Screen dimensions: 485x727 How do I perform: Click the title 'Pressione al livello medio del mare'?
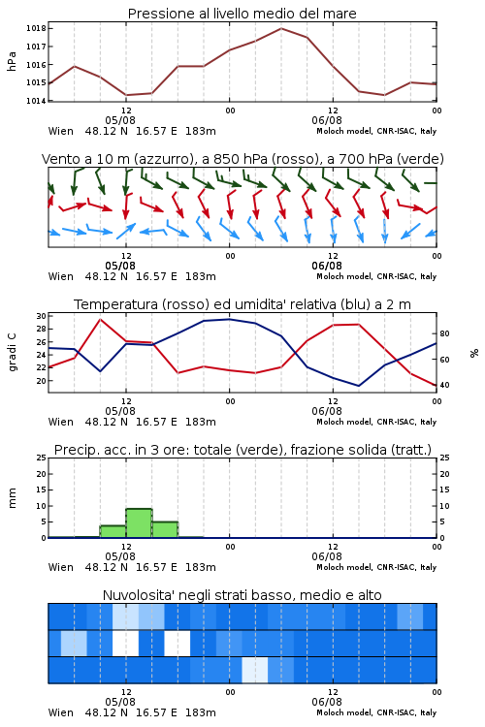[242, 14]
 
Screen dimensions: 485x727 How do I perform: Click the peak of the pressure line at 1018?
[281, 28]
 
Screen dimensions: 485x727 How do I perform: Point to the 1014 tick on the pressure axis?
[36, 101]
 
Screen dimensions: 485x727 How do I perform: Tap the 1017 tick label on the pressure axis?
[36, 47]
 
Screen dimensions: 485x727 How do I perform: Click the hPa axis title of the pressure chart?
[12, 61]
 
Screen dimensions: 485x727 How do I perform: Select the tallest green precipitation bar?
[140, 523]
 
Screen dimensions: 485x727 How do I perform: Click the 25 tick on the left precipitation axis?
[42, 458]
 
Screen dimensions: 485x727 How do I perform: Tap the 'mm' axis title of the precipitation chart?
[12, 498]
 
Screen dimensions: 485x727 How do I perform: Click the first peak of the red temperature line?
[100, 319]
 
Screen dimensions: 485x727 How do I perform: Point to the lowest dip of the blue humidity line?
[358, 386]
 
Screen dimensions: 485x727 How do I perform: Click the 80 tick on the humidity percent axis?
[444, 333]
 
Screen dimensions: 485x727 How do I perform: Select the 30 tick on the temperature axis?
[42, 316]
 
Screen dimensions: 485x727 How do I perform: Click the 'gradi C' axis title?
[13, 353]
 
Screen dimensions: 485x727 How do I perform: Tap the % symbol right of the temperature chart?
[474, 353]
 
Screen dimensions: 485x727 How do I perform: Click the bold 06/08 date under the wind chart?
[327, 267]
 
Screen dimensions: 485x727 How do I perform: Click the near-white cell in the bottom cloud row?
[255, 670]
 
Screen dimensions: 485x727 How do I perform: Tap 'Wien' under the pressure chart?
[61, 131]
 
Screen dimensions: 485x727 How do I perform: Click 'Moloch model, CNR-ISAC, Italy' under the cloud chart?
[376, 712]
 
